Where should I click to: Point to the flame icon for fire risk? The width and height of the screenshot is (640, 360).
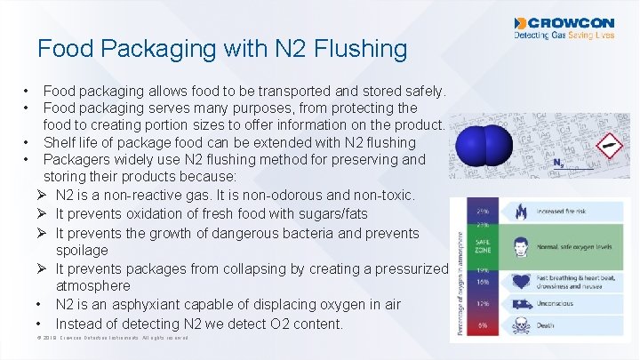[x=520, y=212]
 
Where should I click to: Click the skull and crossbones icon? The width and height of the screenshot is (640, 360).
[x=520, y=325]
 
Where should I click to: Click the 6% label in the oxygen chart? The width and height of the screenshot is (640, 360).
[x=484, y=325]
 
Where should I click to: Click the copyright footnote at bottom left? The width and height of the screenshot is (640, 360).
[x=111, y=339]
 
